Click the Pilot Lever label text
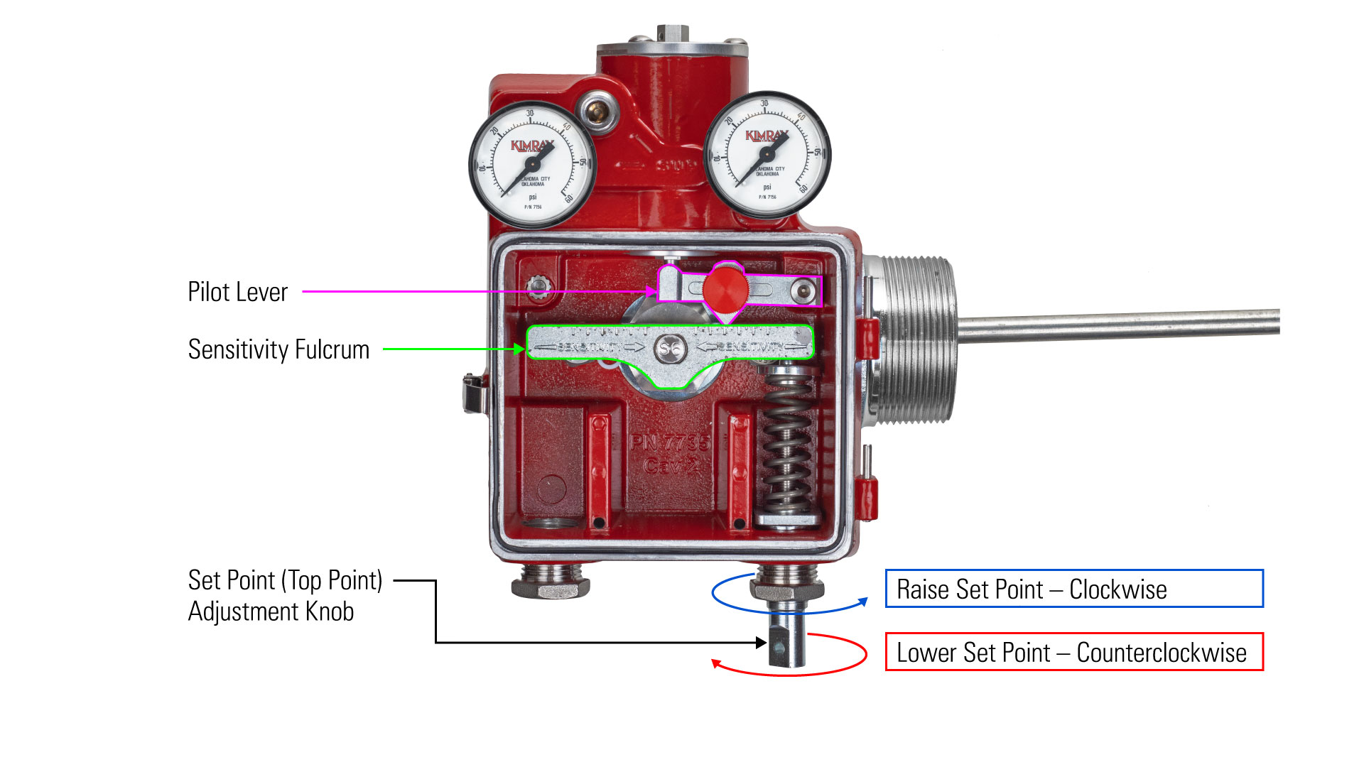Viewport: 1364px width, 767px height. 237,292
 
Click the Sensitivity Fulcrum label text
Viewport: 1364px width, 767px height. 278,349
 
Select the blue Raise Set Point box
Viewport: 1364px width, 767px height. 1073,589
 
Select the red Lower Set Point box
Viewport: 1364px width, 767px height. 1073,652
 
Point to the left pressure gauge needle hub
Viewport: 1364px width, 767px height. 533,165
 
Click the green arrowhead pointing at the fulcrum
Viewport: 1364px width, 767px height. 519,349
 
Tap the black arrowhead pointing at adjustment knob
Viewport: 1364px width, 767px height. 762,643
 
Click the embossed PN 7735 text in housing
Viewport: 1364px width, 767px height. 669,443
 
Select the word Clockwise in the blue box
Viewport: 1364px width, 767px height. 1117,589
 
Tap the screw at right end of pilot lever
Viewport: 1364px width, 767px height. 803,290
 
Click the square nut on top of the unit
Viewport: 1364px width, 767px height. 668,33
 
